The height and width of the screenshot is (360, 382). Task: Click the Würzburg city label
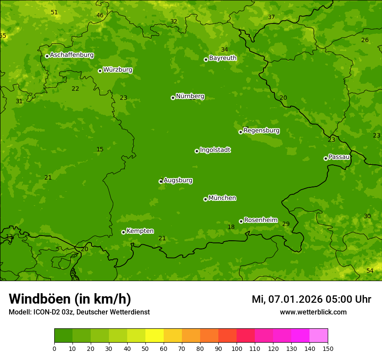pos(118,70)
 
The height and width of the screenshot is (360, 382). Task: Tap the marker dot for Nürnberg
pos(173,98)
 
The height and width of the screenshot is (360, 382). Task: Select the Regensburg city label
pos(261,131)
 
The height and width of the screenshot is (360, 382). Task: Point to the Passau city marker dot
pos(326,158)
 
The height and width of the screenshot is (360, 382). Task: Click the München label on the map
pos(222,198)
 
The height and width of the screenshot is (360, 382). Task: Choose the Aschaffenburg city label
pos(72,55)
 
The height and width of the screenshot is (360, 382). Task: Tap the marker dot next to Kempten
pos(123,232)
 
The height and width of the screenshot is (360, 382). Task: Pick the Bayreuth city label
pos(223,58)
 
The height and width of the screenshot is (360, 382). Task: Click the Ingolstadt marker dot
pos(197,151)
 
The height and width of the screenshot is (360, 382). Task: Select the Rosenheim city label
pos(261,220)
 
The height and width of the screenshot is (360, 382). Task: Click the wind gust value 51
pos(54,12)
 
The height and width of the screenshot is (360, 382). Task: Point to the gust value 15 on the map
pos(100,150)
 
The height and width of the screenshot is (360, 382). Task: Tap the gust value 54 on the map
pos(370,271)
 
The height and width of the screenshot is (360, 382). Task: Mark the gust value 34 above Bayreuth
pos(224,49)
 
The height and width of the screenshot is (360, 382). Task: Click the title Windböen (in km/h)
pos(70,299)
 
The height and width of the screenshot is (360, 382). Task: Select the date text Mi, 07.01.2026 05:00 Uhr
pos(311,299)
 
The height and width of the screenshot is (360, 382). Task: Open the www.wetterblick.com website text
pos(313,312)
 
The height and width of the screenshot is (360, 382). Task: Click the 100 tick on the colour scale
pos(237,348)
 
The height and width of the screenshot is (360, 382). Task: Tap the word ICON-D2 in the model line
pos(45,312)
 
